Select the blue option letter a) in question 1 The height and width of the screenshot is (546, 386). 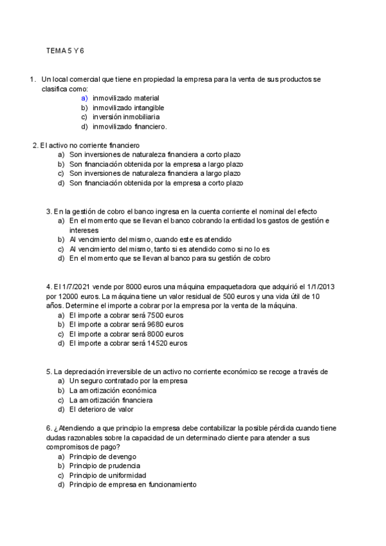(x=84, y=98)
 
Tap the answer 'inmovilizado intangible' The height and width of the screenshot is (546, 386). (x=128, y=108)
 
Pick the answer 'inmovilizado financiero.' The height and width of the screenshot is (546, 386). (x=129, y=127)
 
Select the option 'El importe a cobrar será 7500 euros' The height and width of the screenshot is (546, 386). (x=126, y=315)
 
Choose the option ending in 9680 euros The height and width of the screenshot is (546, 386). (x=126, y=325)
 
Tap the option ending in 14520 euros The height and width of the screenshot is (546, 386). (x=128, y=344)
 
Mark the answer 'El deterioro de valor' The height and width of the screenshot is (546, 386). (x=102, y=409)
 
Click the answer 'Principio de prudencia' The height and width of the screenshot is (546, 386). (x=105, y=466)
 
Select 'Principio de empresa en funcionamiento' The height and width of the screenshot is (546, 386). (x=133, y=485)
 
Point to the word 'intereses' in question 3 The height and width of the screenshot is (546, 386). (x=84, y=230)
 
